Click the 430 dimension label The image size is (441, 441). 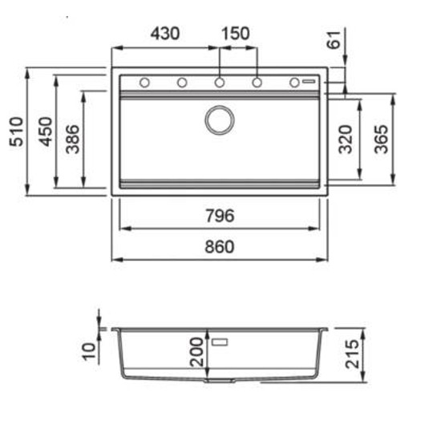165,34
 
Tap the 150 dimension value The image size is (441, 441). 236,34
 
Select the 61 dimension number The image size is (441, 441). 334,40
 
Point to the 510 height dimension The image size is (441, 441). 16,131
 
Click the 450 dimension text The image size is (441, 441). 45,131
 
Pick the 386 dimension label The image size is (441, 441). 72,140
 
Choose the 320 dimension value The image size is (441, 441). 346,140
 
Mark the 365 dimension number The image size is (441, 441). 381,140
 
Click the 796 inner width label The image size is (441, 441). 220,216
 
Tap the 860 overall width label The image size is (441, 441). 220,247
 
